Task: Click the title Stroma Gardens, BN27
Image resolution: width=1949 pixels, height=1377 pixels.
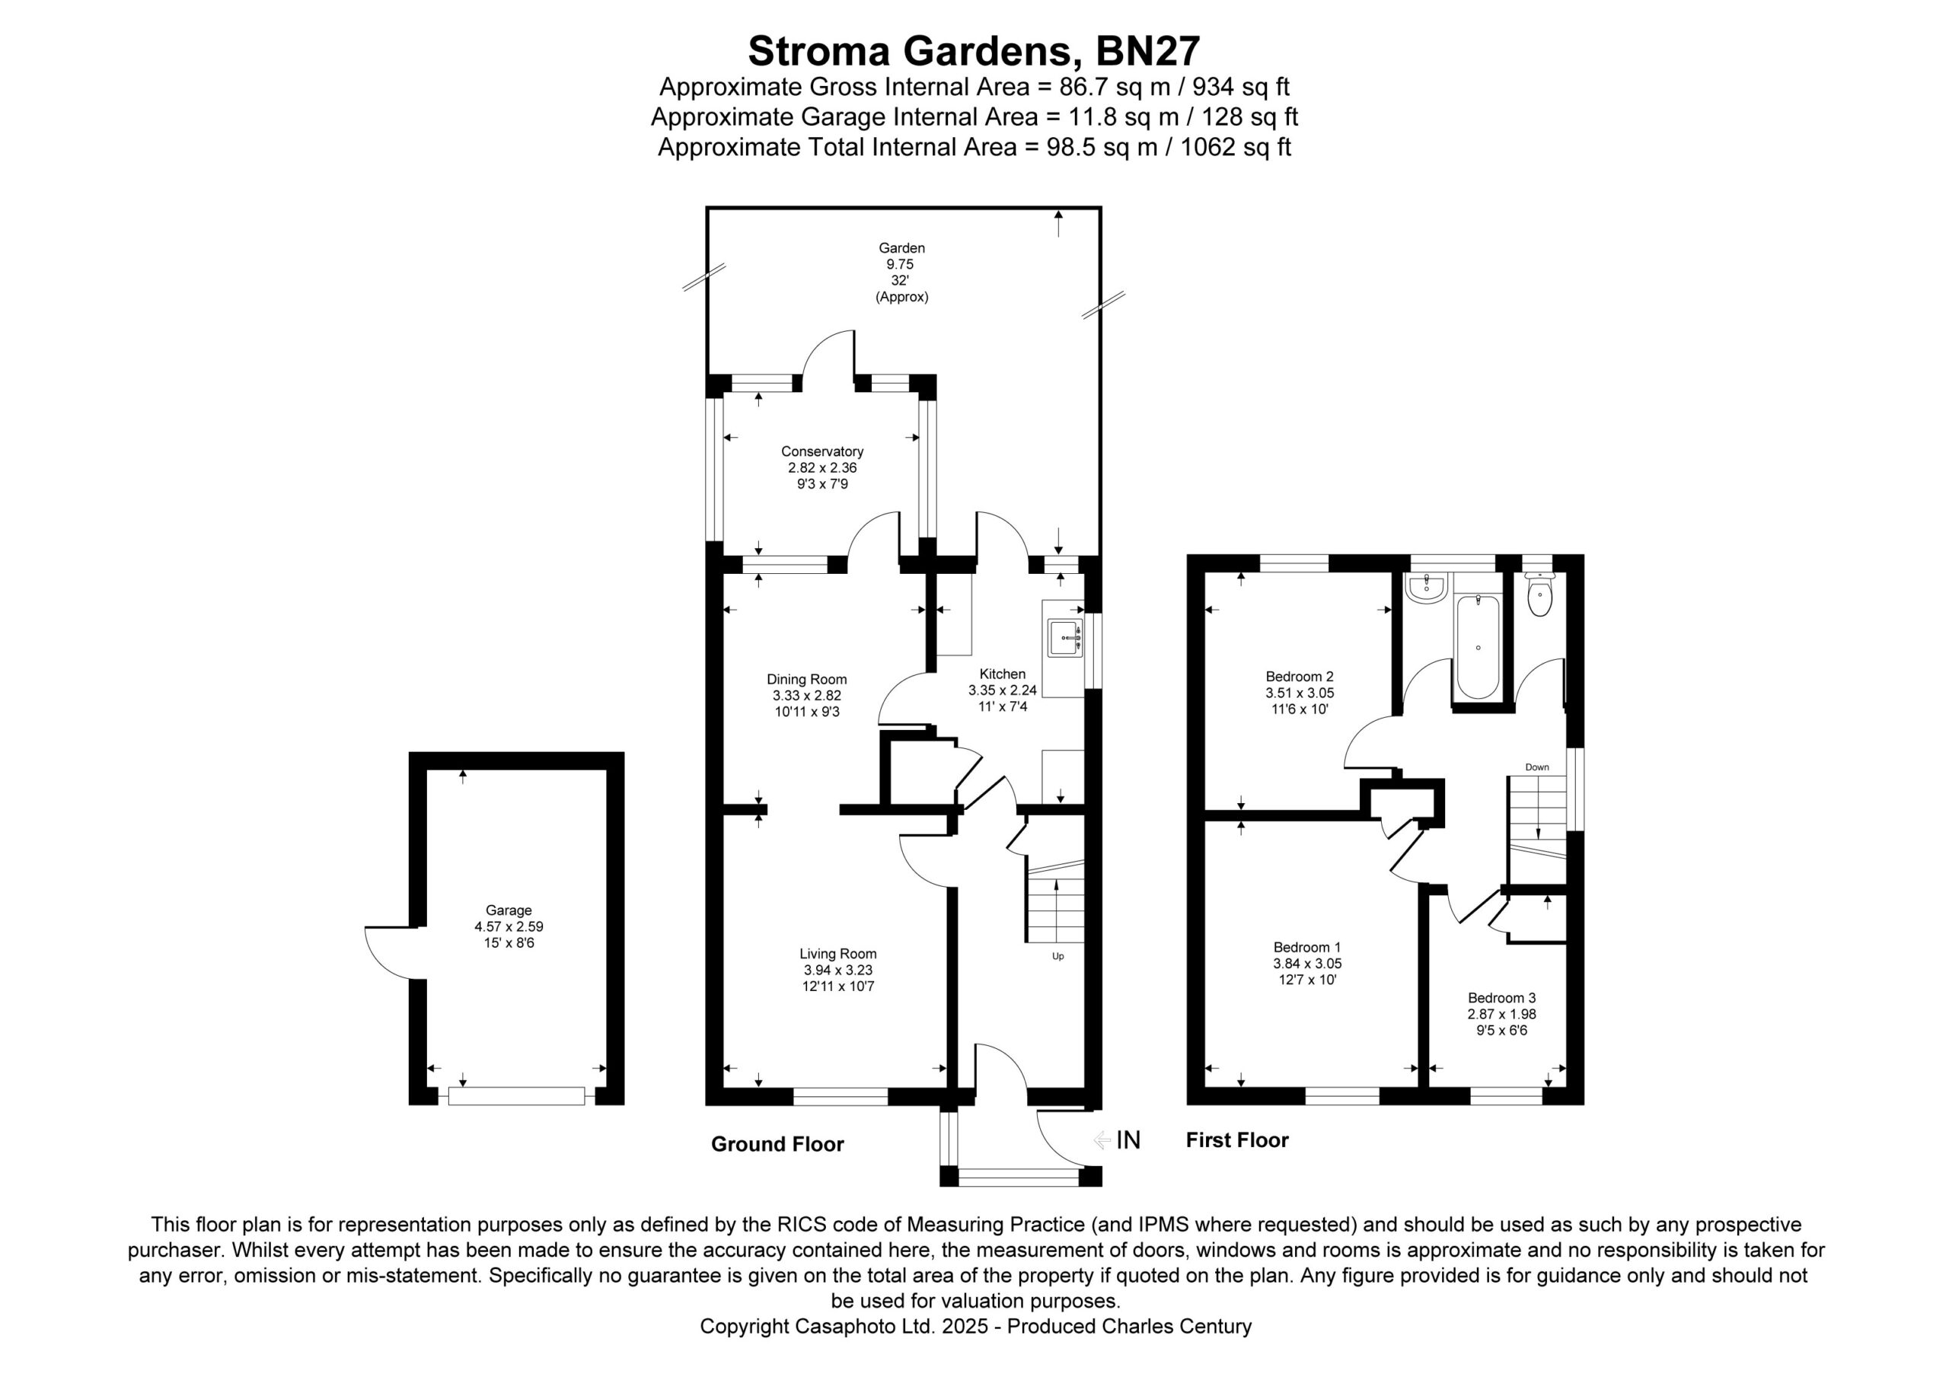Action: (x=974, y=51)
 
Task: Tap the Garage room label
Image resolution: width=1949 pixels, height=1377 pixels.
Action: (x=509, y=910)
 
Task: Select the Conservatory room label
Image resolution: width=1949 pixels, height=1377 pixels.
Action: (x=821, y=451)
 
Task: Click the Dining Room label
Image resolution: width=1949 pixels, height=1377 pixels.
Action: (x=806, y=679)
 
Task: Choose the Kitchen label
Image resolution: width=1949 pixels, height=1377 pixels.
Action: (x=1003, y=674)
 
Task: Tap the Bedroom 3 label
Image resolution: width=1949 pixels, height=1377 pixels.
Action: (x=1501, y=999)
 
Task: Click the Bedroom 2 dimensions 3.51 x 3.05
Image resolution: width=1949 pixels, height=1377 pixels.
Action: (x=1300, y=693)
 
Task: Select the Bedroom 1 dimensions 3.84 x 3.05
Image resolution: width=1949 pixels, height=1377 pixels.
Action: (x=1307, y=964)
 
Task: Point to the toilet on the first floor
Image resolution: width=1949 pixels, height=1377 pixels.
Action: (x=1539, y=595)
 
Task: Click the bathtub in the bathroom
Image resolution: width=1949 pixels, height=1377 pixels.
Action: (x=1478, y=647)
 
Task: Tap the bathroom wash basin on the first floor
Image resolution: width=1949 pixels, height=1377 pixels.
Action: (x=1426, y=588)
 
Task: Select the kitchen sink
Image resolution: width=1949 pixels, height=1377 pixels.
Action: (x=1064, y=638)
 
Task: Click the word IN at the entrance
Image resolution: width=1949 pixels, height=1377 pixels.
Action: (x=1128, y=1140)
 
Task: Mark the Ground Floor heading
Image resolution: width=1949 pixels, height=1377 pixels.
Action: (x=777, y=1144)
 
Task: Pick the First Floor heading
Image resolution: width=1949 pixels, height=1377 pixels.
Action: (x=1237, y=1140)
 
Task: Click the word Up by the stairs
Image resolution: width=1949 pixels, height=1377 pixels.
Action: (x=1057, y=956)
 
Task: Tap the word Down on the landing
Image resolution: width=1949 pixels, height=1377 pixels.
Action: (x=1537, y=767)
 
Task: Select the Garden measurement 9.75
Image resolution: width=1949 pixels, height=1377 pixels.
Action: (x=900, y=265)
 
